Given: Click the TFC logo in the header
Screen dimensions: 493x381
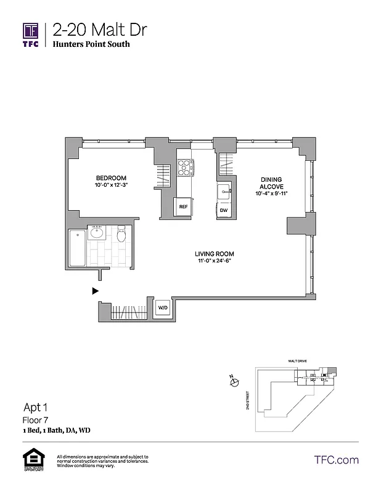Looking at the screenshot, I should click(x=31, y=35).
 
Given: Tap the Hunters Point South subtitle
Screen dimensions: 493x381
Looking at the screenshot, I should click(x=91, y=44).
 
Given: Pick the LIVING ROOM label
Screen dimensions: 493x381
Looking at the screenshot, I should click(x=215, y=254).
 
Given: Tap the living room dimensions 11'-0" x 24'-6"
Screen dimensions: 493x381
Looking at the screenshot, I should click(x=215, y=261).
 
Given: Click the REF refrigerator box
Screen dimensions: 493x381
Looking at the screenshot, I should click(x=183, y=208).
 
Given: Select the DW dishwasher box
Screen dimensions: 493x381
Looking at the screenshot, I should click(x=224, y=210).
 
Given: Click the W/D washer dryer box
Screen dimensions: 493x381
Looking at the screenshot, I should click(x=163, y=308).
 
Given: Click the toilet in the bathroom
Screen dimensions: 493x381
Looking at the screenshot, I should click(x=121, y=235).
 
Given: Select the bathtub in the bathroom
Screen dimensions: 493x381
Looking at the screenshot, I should click(x=76, y=250).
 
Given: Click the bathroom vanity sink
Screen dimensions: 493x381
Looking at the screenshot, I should click(x=97, y=233).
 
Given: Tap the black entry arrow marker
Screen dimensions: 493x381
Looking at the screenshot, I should click(x=95, y=290).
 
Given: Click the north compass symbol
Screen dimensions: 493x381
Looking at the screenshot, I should click(x=234, y=383).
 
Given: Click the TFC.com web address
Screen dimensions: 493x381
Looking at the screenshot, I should click(x=336, y=460).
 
